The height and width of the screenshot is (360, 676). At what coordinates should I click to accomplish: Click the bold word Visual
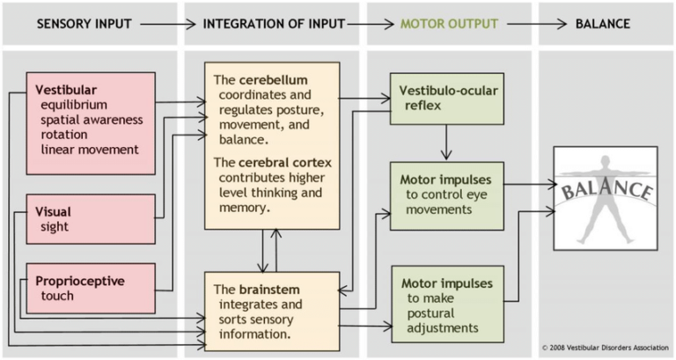coord(53,212)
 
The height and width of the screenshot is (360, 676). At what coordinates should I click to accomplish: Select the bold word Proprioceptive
coord(80,281)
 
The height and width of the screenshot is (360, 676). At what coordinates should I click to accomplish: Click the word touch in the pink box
coord(56,296)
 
